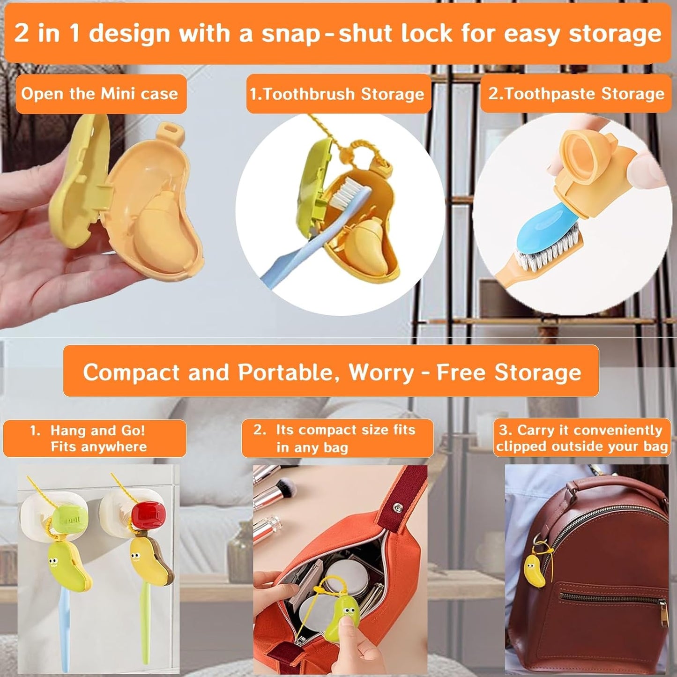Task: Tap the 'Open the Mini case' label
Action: coord(100,94)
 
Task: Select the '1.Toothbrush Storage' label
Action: coord(337,94)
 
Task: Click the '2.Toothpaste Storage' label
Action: coord(576,94)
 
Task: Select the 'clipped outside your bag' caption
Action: coord(581,446)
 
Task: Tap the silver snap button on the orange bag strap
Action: coord(398,507)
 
